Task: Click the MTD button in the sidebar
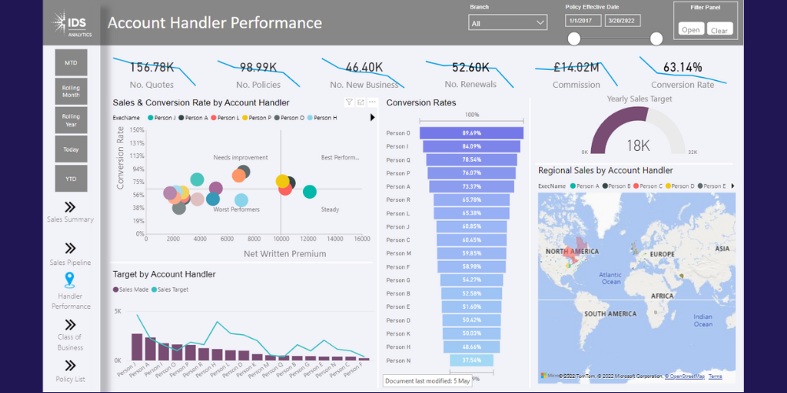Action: point(71,62)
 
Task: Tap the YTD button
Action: point(71,178)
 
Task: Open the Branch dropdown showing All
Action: point(507,24)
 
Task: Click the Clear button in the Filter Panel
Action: point(719,30)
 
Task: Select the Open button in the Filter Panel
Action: point(691,30)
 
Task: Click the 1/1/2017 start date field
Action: point(582,20)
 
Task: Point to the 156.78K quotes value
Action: point(152,68)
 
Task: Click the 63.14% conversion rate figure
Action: point(682,68)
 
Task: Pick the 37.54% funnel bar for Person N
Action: point(471,361)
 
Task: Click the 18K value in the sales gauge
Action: point(637,145)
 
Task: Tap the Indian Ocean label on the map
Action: point(703,320)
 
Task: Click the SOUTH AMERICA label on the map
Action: point(610,314)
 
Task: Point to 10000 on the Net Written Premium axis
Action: point(280,239)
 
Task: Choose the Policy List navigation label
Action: point(70,380)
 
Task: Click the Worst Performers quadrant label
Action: point(236,210)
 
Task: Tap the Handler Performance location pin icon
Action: point(70,280)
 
